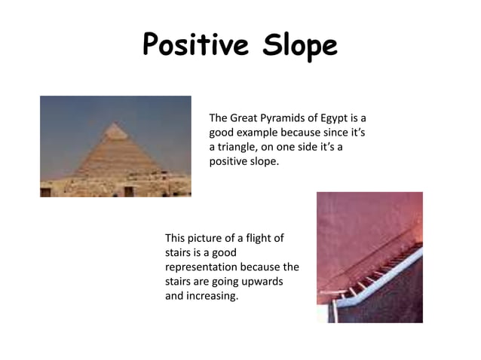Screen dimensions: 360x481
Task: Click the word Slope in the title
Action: tap(299, 47)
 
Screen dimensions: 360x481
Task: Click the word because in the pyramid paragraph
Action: tap(306, 133)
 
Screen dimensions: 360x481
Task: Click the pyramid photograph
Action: tap(115, 146)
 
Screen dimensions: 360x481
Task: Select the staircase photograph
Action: tap(369, 257)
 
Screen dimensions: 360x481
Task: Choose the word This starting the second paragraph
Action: tap(176, 239)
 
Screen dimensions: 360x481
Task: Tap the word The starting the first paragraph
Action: tap(218, 118)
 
